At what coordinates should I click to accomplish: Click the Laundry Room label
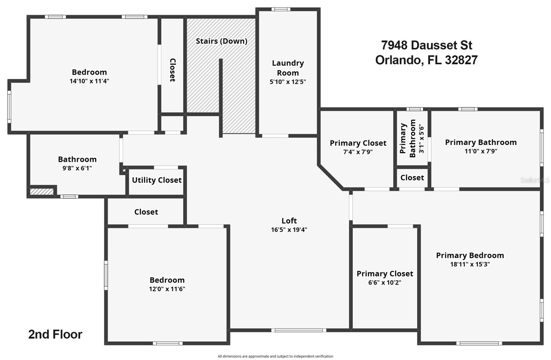click(288, 68)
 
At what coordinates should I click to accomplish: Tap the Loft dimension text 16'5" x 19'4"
click(289, 230)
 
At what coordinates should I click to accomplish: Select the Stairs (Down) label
click(221, 41)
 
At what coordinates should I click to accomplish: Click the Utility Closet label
click(157, 180)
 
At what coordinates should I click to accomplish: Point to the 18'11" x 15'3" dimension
click(470, 265)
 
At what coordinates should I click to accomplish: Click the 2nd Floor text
click(55, 335)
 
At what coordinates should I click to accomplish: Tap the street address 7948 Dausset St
click(426, 45)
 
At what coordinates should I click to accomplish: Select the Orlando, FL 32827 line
click(426, 60)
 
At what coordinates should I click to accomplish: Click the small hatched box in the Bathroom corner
click(41, 192)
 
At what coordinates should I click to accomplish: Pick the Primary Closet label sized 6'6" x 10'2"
click(385, 274)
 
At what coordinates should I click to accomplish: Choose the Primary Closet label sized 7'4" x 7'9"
click(358, 143)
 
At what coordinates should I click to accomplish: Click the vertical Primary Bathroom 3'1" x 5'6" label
click(412, 138)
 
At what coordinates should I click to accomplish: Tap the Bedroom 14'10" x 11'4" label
click(89, 72)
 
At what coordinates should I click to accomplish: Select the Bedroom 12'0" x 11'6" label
click(167, 280)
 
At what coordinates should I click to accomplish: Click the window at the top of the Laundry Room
click(281, 9)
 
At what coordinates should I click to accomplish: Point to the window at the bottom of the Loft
click(299, 330)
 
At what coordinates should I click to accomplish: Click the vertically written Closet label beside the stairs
click(173, 70)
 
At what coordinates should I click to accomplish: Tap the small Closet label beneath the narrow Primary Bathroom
click(412, 178)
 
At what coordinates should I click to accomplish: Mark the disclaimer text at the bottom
click(275, 356)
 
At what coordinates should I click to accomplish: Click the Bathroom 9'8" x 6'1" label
click(77, 160)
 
